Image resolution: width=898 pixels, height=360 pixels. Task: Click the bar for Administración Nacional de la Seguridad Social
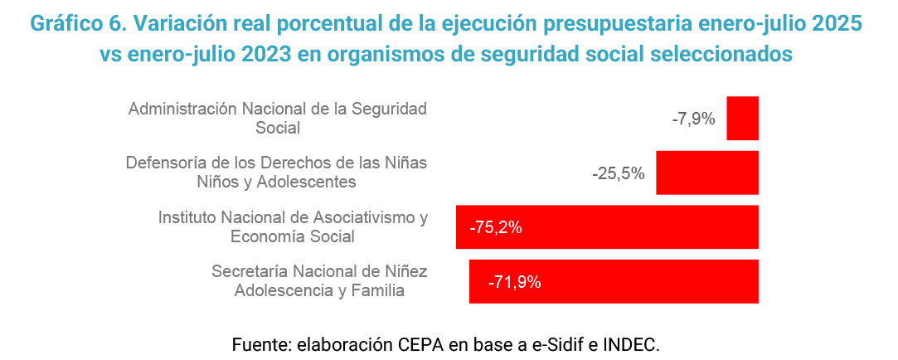pos(742,119)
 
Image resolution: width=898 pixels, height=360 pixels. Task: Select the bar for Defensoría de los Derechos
pos(706,173)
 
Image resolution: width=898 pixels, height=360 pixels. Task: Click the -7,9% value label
pos(693,119)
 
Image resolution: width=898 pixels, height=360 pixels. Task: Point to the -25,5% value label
pos(619,173)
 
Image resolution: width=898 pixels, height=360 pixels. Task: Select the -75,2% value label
pos(496,227)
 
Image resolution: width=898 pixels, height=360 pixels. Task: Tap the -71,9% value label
pos(515,282)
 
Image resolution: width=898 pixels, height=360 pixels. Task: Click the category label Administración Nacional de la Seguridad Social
pos(278,118)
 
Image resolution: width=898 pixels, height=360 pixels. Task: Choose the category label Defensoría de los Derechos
pos(276,172)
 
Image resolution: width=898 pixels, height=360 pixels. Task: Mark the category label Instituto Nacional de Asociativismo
pos(293,226)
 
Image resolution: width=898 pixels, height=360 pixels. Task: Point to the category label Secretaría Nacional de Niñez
pos(319,280)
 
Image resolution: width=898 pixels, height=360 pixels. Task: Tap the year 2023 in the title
pos(271,54)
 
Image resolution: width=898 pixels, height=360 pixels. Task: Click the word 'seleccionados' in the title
pos(722,54)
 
